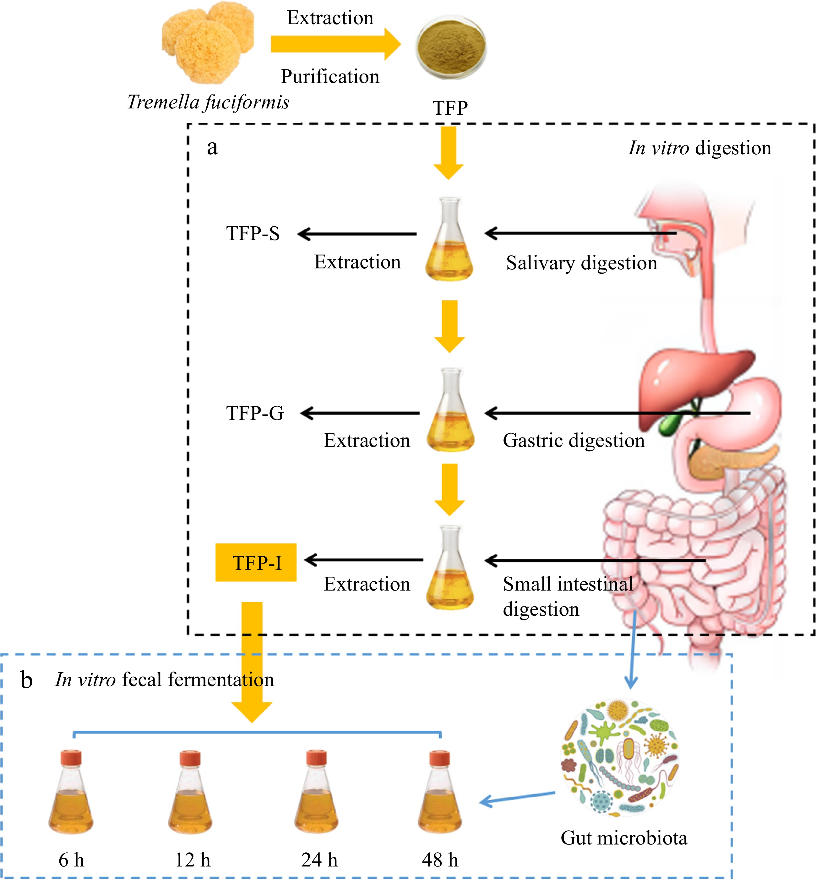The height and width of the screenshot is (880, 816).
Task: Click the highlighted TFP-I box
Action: (x=256, y=562)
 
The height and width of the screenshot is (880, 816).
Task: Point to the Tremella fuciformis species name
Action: (x=208, y=102)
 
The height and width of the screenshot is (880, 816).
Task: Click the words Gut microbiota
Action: (x=624, y=838)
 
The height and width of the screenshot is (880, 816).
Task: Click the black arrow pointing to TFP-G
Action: (x=360, y=414)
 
